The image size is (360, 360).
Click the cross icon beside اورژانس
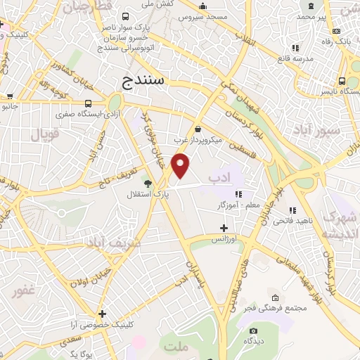coord(224,228)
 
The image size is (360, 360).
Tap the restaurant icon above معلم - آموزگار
coord(238,194)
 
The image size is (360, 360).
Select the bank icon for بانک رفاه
coord(337,31)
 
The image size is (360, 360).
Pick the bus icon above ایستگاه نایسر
coord(342,81)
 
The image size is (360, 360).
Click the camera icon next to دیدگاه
coord(253,330)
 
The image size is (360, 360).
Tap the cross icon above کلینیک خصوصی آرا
coord(103,314)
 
